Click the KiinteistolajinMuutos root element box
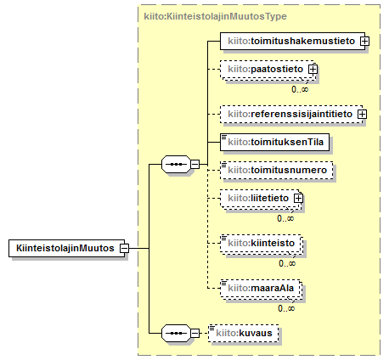click(x=66, y=248)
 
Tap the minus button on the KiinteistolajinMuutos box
click(x=124, y=248)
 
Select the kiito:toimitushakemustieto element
click(x=292, y=41)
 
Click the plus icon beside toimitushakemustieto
click(x=364, y=41)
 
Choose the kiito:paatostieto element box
click(x=267, y=70)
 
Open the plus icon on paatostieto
click(x=313, y=69)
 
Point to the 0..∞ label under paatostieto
click(x=300, y=89)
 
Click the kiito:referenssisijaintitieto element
click(x=291, y=114)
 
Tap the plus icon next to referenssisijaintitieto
click(x=362, y=114)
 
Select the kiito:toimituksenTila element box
click(x=274, y=142)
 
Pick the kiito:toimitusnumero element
click(x=276, y=170)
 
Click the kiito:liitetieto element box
click(x=260, y=199)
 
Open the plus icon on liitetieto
click(x=298, y=198)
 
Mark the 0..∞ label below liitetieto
click(x=285, y=218)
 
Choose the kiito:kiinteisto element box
click(x=261, y=244)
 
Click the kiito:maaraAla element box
click(x=261, y=289)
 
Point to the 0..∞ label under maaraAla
click(x=286, y=308)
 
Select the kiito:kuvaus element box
click(x=244, y=333)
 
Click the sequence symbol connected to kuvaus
click(x=176, y=333)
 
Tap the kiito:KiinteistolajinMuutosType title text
click(x=215, y=16)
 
